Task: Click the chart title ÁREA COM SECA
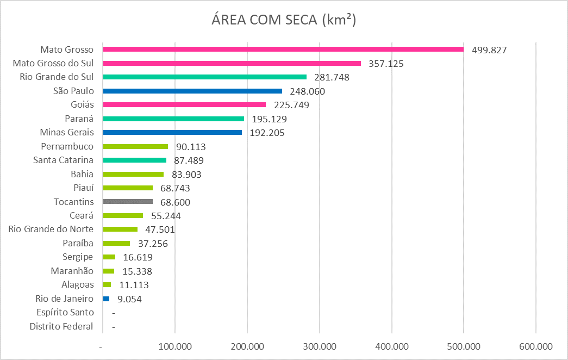[x=283, y=20]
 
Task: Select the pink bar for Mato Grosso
[x=283, y=49]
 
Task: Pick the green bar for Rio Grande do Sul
[x=204, y=77]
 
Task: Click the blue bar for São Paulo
[x=192, y=91]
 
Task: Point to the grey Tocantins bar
[x=128, y=202]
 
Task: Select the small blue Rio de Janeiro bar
[x=106, y=299]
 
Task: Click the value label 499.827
[x=489, y=50]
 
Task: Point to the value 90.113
[x=190, y=147]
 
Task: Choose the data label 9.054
[x=129, y=299]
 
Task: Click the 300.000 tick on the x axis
[x=320, y=346]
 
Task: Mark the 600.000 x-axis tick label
[x=535, y=346]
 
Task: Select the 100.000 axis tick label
[x=175, y=346]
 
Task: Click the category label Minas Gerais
[x=67, y=132]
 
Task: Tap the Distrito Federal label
[x=61, y=327]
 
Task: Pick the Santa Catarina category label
[x=63, y=160]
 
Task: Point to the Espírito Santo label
[x=65, y=313]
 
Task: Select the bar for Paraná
[x=173, y=119]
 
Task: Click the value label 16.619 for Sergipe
[x=138, y=257]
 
